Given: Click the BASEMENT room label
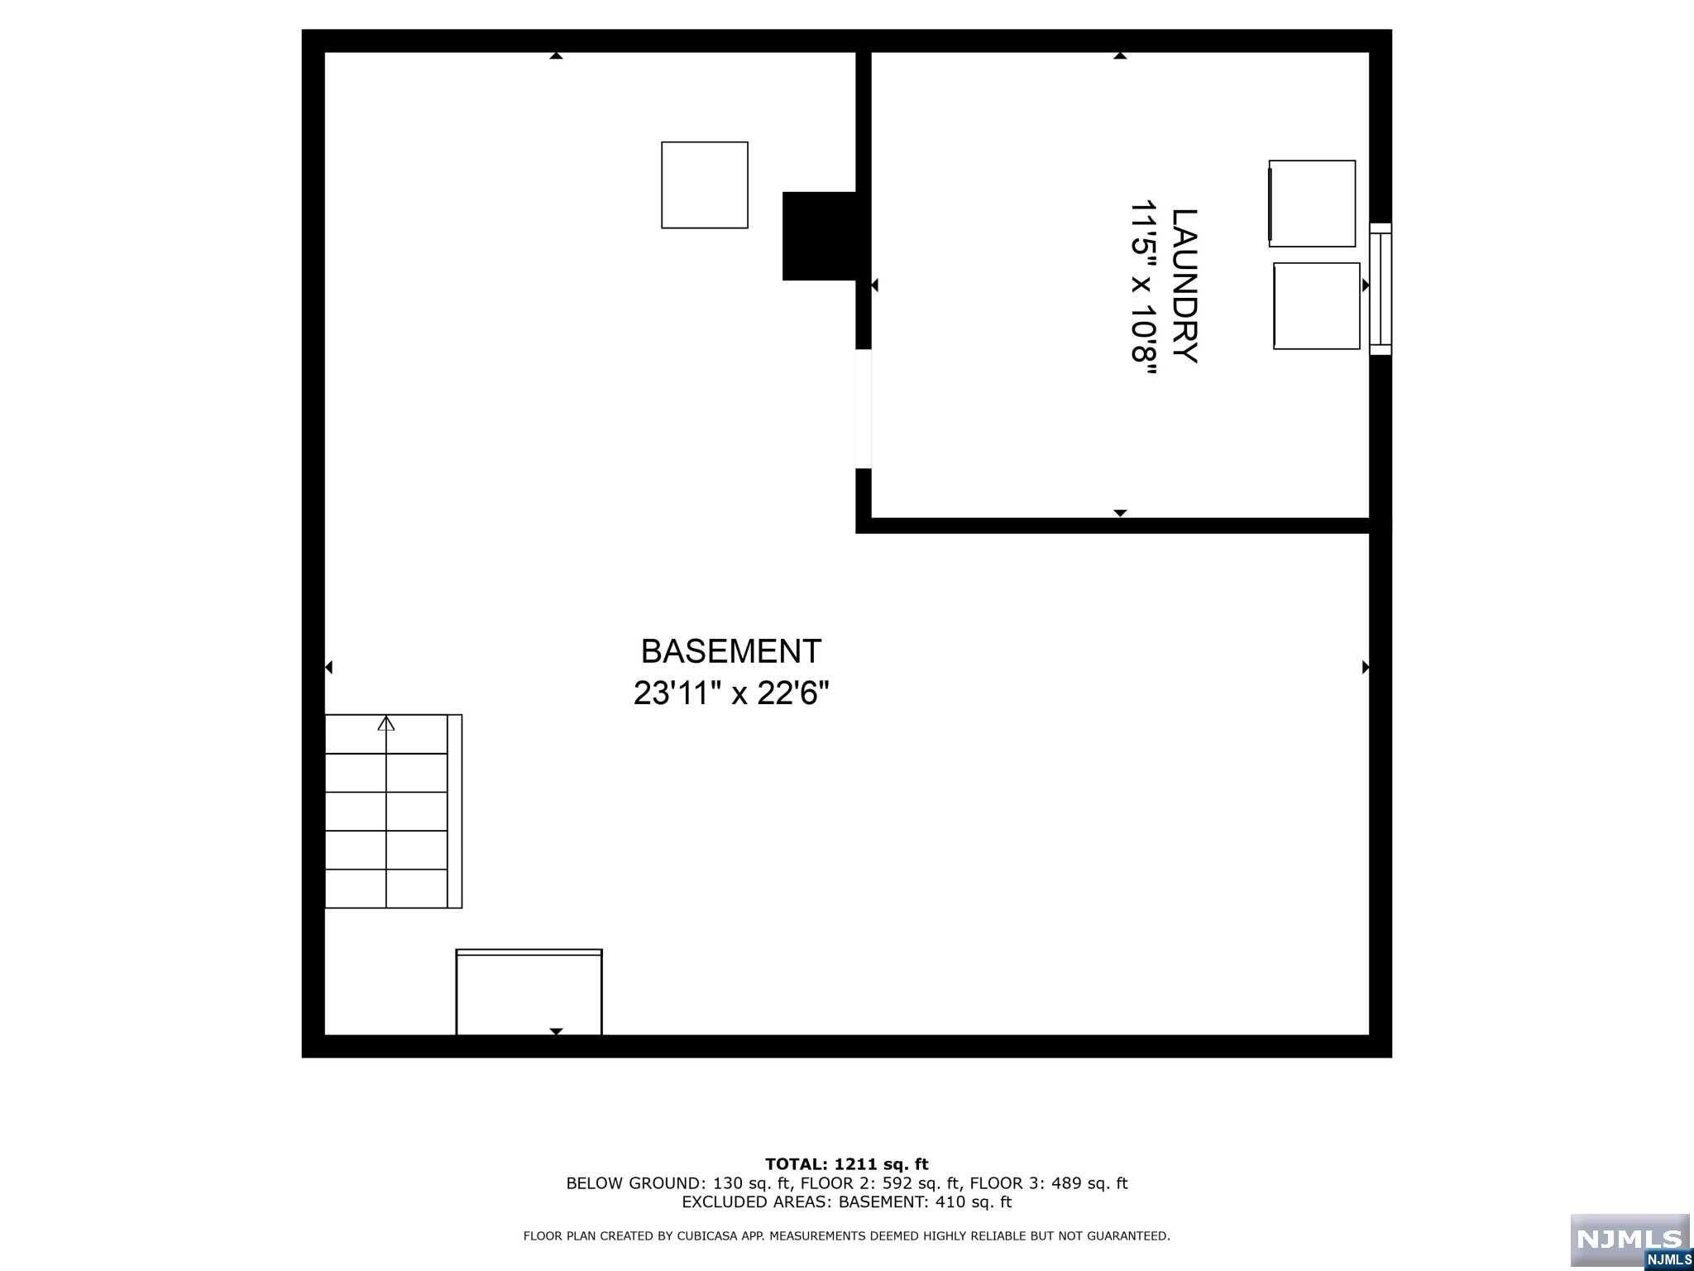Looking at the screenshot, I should (x=730, y=651).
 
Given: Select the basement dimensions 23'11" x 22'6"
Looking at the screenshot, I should (x=730, y=693).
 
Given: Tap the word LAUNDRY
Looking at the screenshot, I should (x=1184, y=285).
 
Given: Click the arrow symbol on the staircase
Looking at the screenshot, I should (x=386, y=723).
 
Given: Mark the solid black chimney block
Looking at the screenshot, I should (x=819, y=236).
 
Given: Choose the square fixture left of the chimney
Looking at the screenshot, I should (x=705, y=185).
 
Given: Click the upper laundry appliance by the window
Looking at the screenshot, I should (x=1312, y=204).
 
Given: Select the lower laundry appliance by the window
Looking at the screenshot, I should (x=1317, y=305).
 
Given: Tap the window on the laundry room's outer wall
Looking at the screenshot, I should (x=1381, y=289).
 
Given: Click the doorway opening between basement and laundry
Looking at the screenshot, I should (x=864, y=409).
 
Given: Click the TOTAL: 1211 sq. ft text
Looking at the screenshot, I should (x=846, y=1164).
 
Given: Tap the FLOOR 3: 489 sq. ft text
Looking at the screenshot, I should (x=1049, y=1183).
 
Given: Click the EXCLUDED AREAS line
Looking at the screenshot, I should (x=846, y=1202).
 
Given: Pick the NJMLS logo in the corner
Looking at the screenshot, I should (x=1629, y=1240).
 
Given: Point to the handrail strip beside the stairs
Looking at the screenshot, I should (x=455, y=811).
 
